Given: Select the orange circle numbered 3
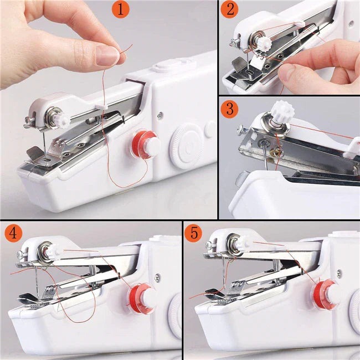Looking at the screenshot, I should [229, 109].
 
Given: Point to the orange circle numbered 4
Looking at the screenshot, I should [12, 234].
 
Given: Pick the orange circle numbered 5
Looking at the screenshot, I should [194, 234].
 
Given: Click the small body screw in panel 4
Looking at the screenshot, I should [158, 278].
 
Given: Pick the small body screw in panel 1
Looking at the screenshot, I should [160, 116].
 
